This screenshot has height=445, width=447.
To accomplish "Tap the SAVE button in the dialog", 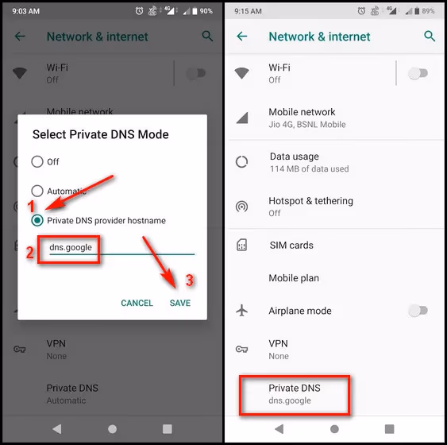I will [179, 303].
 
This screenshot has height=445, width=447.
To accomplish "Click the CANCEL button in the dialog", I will [137, 303].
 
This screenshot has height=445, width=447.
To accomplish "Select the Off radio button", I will [37, 162].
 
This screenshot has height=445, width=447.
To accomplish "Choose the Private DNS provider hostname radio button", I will [37, 220].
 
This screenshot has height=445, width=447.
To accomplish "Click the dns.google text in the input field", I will [71, 247].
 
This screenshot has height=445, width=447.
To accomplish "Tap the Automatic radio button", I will [37, 191].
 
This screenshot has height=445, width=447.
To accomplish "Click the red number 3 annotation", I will [189, 281].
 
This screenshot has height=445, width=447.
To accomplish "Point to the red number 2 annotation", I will [29, 253].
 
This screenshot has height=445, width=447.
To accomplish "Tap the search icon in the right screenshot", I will [430, 37].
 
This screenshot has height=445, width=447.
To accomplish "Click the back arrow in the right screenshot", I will [242, 37].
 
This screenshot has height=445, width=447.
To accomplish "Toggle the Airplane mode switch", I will [418, 311].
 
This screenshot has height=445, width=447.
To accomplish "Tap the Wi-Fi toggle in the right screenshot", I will [418, 73].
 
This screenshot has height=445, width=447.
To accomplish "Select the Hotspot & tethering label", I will [310, 201].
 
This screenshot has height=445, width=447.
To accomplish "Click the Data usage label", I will [294, 157].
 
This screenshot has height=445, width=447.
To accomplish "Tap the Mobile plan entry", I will [294, 278].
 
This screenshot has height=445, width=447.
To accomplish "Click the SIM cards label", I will [291, 246].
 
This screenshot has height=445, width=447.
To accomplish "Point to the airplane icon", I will [242, 311].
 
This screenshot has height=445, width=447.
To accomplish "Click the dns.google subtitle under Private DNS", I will [290, 400].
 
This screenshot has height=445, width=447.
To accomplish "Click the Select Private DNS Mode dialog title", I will [100, 134].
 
